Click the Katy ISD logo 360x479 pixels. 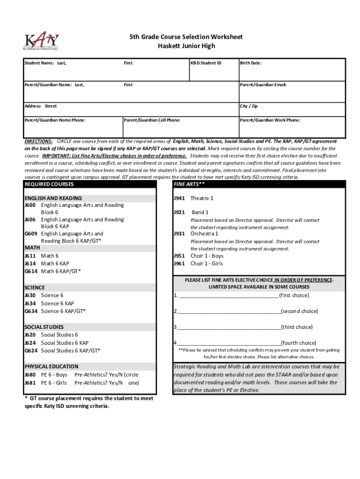point(41,41)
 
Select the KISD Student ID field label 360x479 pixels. point(206,63)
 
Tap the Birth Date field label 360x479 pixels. point(251,63)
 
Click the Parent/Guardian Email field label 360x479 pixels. point(263,85)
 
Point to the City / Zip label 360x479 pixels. point(249,106)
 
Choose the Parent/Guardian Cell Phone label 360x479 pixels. point(152,120)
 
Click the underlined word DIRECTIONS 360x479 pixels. point(38,141)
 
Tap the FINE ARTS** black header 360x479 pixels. point(189,184)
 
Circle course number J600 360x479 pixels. point(31,205)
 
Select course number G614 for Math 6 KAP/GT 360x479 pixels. point(31,271)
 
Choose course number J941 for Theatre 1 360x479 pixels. point(180,198)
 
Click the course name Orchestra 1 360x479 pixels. point(204,233)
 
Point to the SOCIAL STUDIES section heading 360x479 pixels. point(44,327)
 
